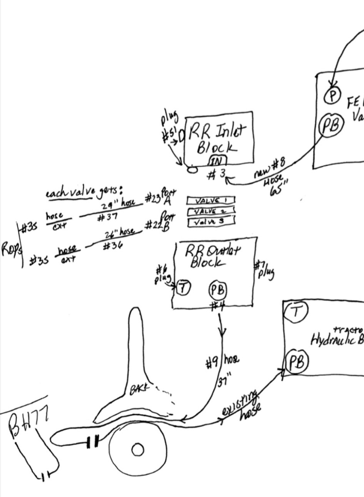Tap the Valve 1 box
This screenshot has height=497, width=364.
(x=211, y=201)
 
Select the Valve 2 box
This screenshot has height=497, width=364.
(x=211, y=211)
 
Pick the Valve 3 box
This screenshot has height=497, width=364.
(x=211, y=222)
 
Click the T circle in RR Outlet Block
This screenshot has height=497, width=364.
(x=184, y=288)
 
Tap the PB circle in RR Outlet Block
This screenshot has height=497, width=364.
(x=218, y=290)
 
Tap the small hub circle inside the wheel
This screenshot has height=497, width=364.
(x=137, y=449)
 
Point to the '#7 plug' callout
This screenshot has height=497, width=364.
(x=264, y=269)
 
